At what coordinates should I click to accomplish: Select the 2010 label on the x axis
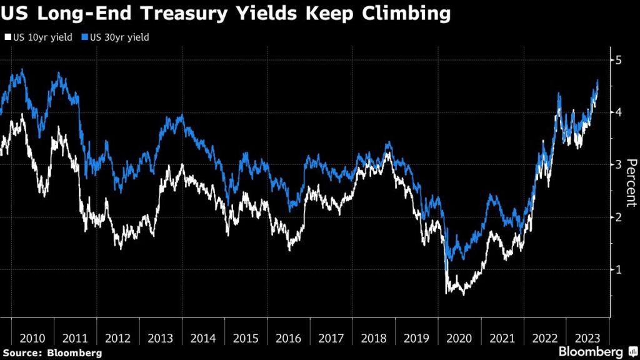tap(32, 338)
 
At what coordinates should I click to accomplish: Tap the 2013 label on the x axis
tap(161, 338)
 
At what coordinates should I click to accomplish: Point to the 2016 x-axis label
tap(289, 338)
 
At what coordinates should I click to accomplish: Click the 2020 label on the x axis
tap(459, 338)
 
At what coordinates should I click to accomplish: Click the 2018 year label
tap(374, 338)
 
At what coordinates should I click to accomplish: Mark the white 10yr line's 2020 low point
tap(463, 294)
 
